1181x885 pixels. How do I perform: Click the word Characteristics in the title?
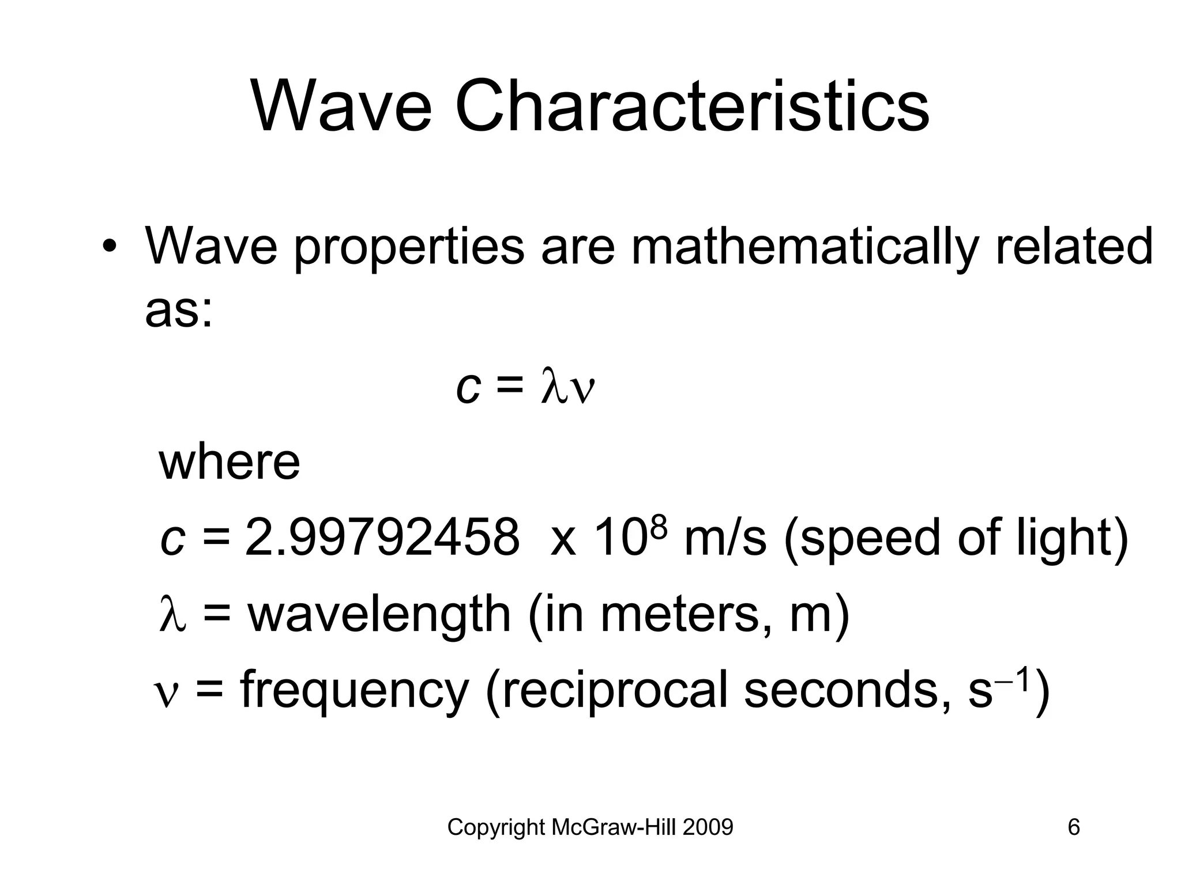(x=692, y=107)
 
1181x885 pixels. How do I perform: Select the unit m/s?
(x=725, y=538)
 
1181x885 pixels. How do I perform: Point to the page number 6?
(x=1074, y=827)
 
